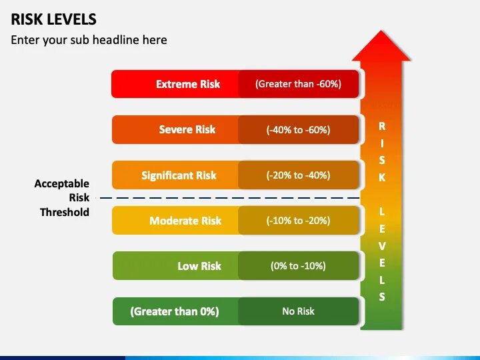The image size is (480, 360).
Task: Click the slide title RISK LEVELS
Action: [53, 19]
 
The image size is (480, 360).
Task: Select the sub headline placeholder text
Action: [89, 40]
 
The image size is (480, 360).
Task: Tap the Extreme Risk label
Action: [187, 85]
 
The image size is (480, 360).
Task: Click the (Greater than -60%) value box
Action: [298, 85]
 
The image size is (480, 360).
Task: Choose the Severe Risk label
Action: [187, 130]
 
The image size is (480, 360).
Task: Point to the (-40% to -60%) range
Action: [298, 130]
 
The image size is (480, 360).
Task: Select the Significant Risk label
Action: [179, 175]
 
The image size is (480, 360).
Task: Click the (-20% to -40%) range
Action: [298, 175]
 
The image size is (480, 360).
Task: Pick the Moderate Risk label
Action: [185, 221]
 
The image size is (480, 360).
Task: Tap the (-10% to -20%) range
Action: [298, 221]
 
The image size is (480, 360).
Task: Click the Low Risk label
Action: [199, 266]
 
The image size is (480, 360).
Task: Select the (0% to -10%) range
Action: [298, 266]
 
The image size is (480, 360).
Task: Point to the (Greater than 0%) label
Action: [175, 311]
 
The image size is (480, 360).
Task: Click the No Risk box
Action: [298, 311]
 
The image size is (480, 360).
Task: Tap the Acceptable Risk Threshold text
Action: [62, 197]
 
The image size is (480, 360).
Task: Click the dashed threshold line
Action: [227, 198]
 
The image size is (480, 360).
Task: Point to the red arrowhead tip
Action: [381, 33]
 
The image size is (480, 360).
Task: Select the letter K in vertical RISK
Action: [382, 178]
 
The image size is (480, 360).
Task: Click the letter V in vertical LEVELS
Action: [382, 246]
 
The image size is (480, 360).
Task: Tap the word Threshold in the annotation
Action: [64, 212]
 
